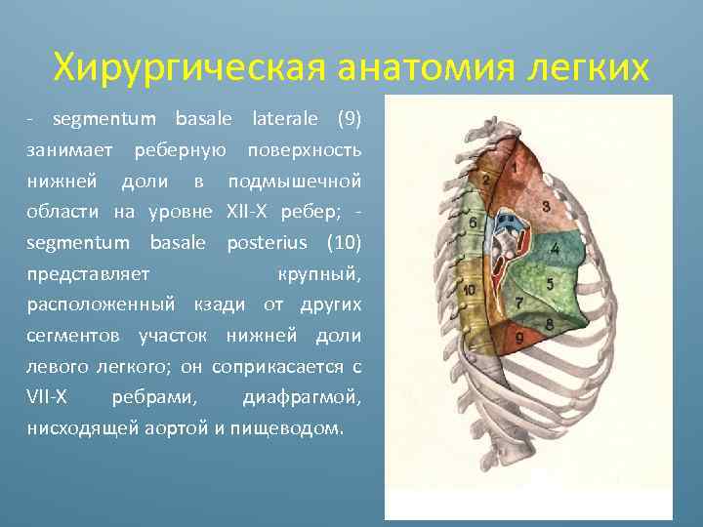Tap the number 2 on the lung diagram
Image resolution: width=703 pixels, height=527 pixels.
pyautogui.click(x=485, y=180)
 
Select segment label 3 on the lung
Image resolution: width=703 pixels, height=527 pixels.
pyautogui.click(x=545, y=206)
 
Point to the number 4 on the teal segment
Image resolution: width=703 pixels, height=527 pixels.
pyautogui.click(x=555, y=249)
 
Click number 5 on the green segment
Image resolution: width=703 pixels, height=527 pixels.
pyautogui.click(x=550, y=284)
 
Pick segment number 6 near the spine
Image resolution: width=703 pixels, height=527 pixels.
pyautogui.click(x=474, y=223)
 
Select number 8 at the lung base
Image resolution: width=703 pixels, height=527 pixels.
pyautogui.click(x=549, y=323)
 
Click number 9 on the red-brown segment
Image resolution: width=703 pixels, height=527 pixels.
pyautogui.click(x=519, y=338)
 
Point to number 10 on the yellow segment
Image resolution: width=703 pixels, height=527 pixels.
pyautogui.click(x=470, y=290)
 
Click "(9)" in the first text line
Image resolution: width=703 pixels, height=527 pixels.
pyautogui.click(x=348, y=120)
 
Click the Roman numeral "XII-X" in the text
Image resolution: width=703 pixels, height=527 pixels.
pyautogui.click(x=252, y=212)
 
